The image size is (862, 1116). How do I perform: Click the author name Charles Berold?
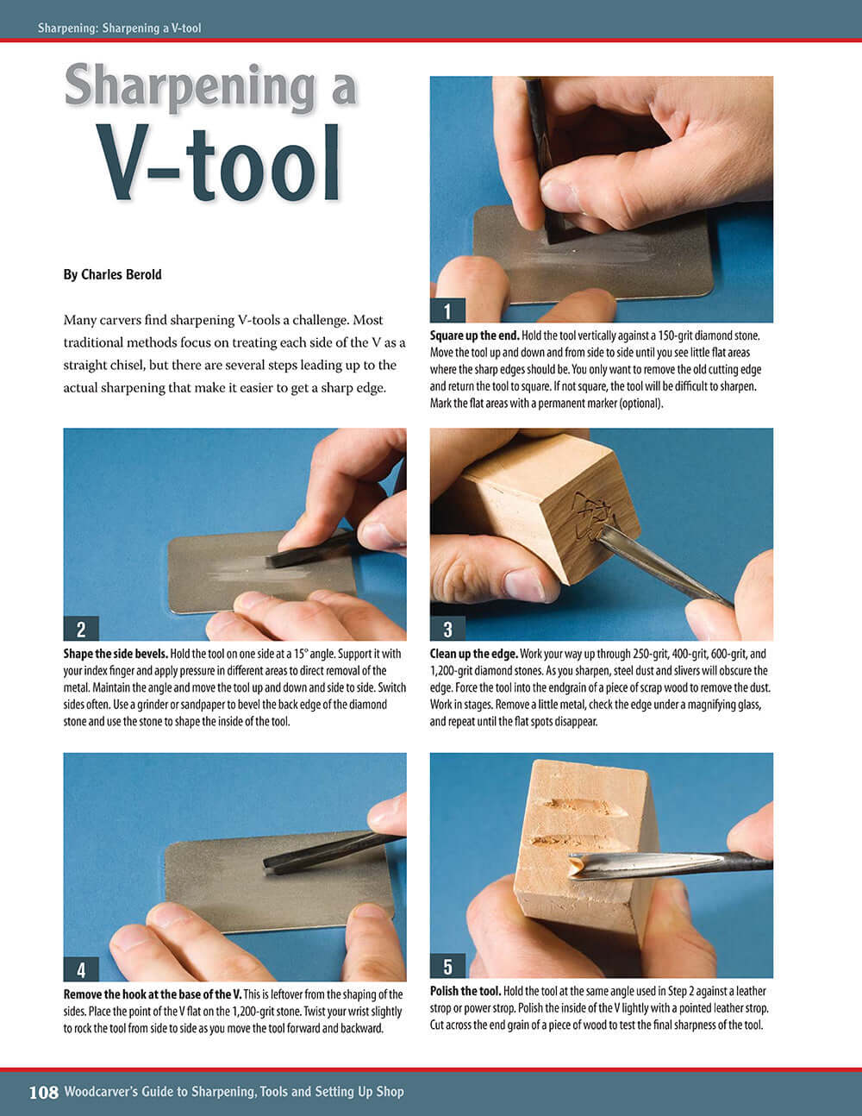click(112, 274)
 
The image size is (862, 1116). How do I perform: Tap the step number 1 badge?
click(447, 310)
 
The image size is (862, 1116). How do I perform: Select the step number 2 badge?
click(81, 629)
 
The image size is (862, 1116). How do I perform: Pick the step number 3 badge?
click(447, 629)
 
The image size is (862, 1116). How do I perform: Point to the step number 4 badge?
click(81, 969)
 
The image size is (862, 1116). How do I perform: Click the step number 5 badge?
click(447, 966)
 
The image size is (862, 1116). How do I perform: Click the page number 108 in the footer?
click(44, 1092)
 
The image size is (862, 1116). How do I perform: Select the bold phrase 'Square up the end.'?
click(474, 335)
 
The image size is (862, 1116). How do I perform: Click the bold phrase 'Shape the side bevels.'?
click(116, 654)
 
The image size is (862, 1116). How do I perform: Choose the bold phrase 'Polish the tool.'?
click(465, 992)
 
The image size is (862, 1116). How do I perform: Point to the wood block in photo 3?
click(534, 509)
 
